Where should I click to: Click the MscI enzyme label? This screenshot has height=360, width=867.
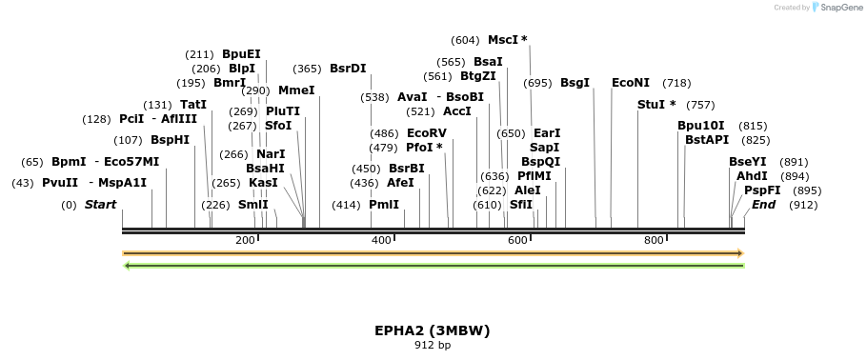coord(502,40)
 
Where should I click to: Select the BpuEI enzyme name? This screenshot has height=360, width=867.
coord(241,54)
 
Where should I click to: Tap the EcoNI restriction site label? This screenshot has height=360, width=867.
coord(631,83)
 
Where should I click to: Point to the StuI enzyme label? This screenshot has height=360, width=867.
coord(652,105)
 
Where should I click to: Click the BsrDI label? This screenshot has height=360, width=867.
coord(348,69)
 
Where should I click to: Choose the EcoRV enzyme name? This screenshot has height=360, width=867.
coord(426,133)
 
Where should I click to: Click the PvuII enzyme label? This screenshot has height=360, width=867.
coord(60,183)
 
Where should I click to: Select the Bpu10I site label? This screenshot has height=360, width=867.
coord(701,126)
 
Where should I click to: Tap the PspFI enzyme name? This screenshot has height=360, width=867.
coord(762,190)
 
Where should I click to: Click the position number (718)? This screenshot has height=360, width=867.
coord(676,84)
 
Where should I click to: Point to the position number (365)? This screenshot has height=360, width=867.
coord(307,69)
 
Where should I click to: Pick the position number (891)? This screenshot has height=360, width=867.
coord(794,162)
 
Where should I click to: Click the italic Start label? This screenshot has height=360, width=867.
coord(100,205)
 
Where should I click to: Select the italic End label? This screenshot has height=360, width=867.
coord(763,205)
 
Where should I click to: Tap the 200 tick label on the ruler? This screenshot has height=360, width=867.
coord(245,240)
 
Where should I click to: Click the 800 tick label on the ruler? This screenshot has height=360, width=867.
coord(654,240)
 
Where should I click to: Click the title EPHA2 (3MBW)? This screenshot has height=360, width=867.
coord(432,330)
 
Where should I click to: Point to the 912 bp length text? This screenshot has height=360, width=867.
coord(432,345)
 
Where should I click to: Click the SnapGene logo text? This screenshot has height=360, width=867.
coord(838,8)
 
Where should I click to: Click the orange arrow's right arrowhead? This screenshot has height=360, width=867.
coord(738,253)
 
